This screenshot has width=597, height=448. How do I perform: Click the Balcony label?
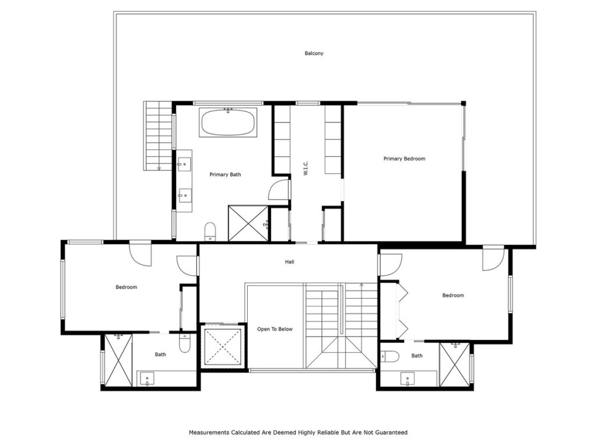point(314,54)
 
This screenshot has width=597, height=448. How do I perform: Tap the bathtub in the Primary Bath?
point(227,123)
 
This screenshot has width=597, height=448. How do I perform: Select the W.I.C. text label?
point(305,169)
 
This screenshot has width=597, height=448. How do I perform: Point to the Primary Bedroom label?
point(404,159)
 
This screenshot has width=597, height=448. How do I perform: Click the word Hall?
point(289,262)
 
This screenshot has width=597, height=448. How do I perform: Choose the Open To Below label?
point(275,329)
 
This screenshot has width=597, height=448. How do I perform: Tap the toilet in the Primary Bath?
point(210,231)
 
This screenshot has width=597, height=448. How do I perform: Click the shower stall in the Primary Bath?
point(248,223)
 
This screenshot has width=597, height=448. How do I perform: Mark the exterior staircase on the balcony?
point(158,135)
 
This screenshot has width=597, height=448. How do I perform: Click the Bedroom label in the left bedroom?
point(126,287)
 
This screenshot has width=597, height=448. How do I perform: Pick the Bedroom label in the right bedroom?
point(453,295)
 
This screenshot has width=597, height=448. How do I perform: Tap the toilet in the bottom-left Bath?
point(184,343)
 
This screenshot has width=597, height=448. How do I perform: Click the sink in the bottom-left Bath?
point(148,379)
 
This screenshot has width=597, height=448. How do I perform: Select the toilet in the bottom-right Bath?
point(390,356)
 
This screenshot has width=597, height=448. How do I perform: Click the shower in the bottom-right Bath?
point(454,365)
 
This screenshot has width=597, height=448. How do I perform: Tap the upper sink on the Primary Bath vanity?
point(185,164)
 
